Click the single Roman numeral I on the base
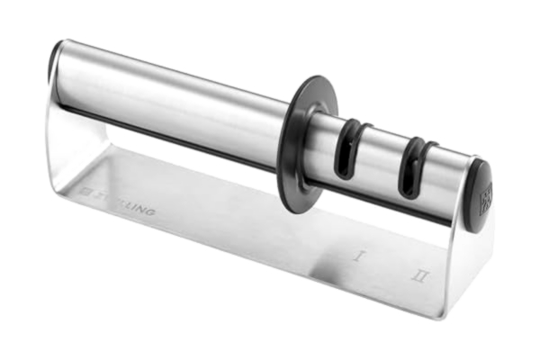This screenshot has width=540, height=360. [x=358, y=256]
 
